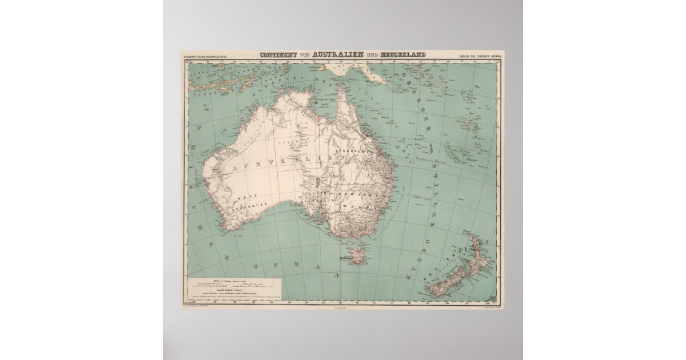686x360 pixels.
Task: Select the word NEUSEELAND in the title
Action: pos(404,55)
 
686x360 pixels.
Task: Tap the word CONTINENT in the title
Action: pos(279,55)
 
